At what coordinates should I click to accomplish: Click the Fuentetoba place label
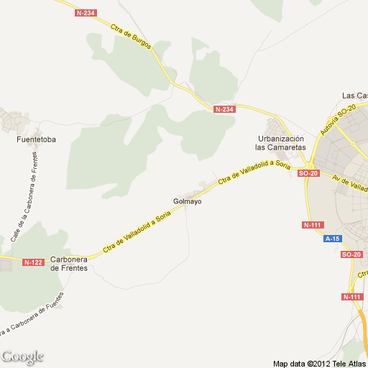click(x=36, y=139)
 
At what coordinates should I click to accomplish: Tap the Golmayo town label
click(x=187, y=201)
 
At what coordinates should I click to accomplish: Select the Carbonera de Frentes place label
click(x=69, y=264)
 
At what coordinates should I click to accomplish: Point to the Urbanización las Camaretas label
click(x=280, y=142)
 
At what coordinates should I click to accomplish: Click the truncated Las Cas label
click(x=355, y=96)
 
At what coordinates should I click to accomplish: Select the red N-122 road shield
click(x=33, y=262)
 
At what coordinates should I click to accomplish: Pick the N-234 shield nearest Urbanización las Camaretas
click(x=224, y=109)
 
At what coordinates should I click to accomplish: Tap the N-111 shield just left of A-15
click(x=312, y=225)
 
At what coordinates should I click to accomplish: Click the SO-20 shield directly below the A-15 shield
click(x=351, y=255)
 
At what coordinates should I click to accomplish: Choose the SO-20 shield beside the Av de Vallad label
click(x=308, y=173)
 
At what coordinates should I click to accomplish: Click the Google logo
click(x=22, y=356)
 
